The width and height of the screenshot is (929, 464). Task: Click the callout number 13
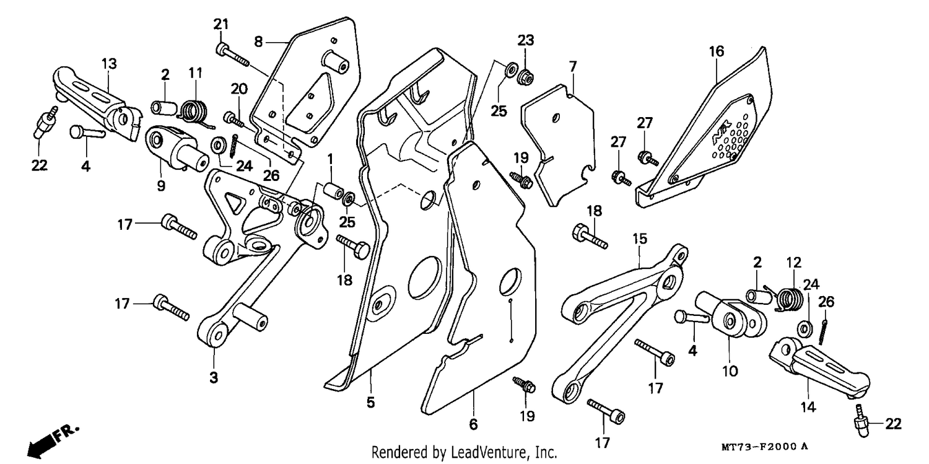(x=109, y=64)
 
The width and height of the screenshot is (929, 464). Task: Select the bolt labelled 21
(x=232, y=55)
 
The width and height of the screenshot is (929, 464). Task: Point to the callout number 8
(x=258, y=42)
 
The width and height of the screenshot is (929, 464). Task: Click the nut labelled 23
(x=526, y=77)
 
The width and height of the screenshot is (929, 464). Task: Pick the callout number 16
(x=716, y=51)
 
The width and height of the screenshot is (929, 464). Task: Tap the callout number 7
(x=572, y=66)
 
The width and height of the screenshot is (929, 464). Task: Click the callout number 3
(x=213, y=378)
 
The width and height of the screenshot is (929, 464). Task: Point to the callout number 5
(x=370, y=402)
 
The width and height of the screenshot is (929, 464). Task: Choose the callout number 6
(x=473, y=424)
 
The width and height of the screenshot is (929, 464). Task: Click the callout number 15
(x=640, y=239)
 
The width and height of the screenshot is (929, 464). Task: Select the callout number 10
(x=730, y=371)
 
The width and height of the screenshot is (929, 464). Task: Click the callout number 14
(x=808, y=407)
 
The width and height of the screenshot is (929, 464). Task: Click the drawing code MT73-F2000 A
(x=764, y=447)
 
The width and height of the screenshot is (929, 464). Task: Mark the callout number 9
(x=161, y=186)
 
